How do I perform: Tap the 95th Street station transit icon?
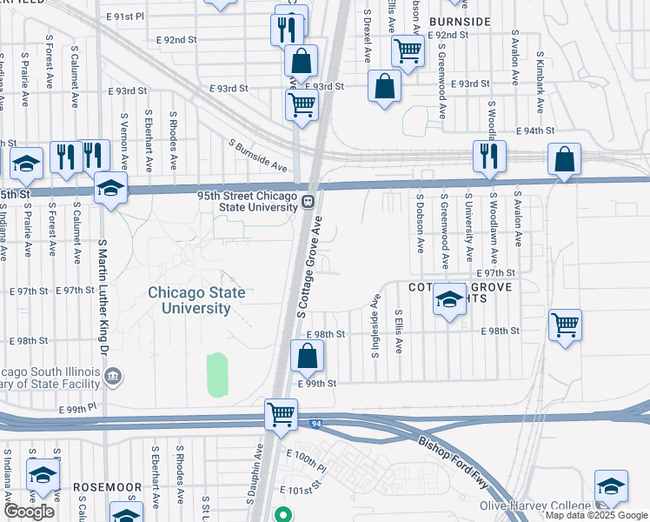(308, 203)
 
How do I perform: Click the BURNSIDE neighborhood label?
(458, 21)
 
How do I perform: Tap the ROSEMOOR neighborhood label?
(101, 487)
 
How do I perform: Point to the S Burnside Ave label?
(258, 155)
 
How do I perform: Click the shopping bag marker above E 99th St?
(307, 355)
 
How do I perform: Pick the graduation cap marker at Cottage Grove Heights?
(448, 300)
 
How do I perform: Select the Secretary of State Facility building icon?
(113, 376)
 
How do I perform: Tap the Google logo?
(29, 512)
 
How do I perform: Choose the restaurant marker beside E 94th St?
(489, 155)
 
